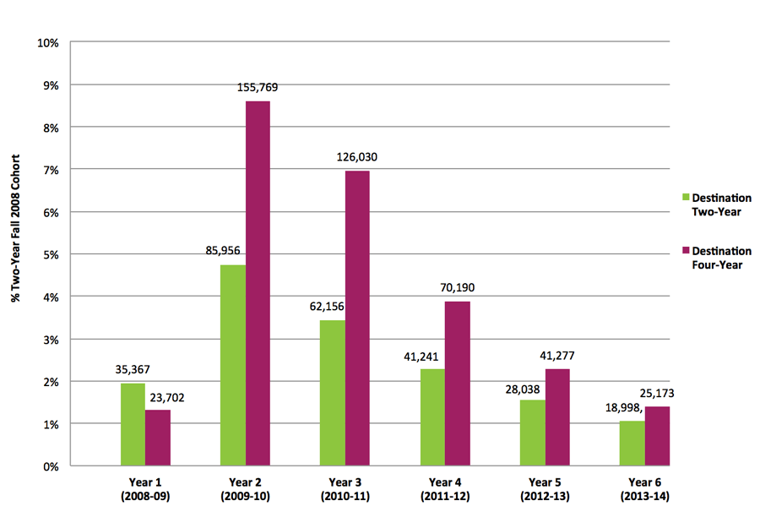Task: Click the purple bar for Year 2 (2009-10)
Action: [x=258, y=283]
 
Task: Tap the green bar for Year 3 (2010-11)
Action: [x=333, y=393]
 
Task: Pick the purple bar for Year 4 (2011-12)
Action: [x=458, y=384]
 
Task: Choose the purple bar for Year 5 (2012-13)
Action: [x=557, y=417]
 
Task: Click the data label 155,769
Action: [x=258, y=87]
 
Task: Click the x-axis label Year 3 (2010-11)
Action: [x=345, y=490]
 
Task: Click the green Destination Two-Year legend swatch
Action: [x=687, y=198]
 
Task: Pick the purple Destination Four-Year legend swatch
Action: [x=687, y=251]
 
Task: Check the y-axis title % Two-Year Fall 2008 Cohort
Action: [x=14, y=253]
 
